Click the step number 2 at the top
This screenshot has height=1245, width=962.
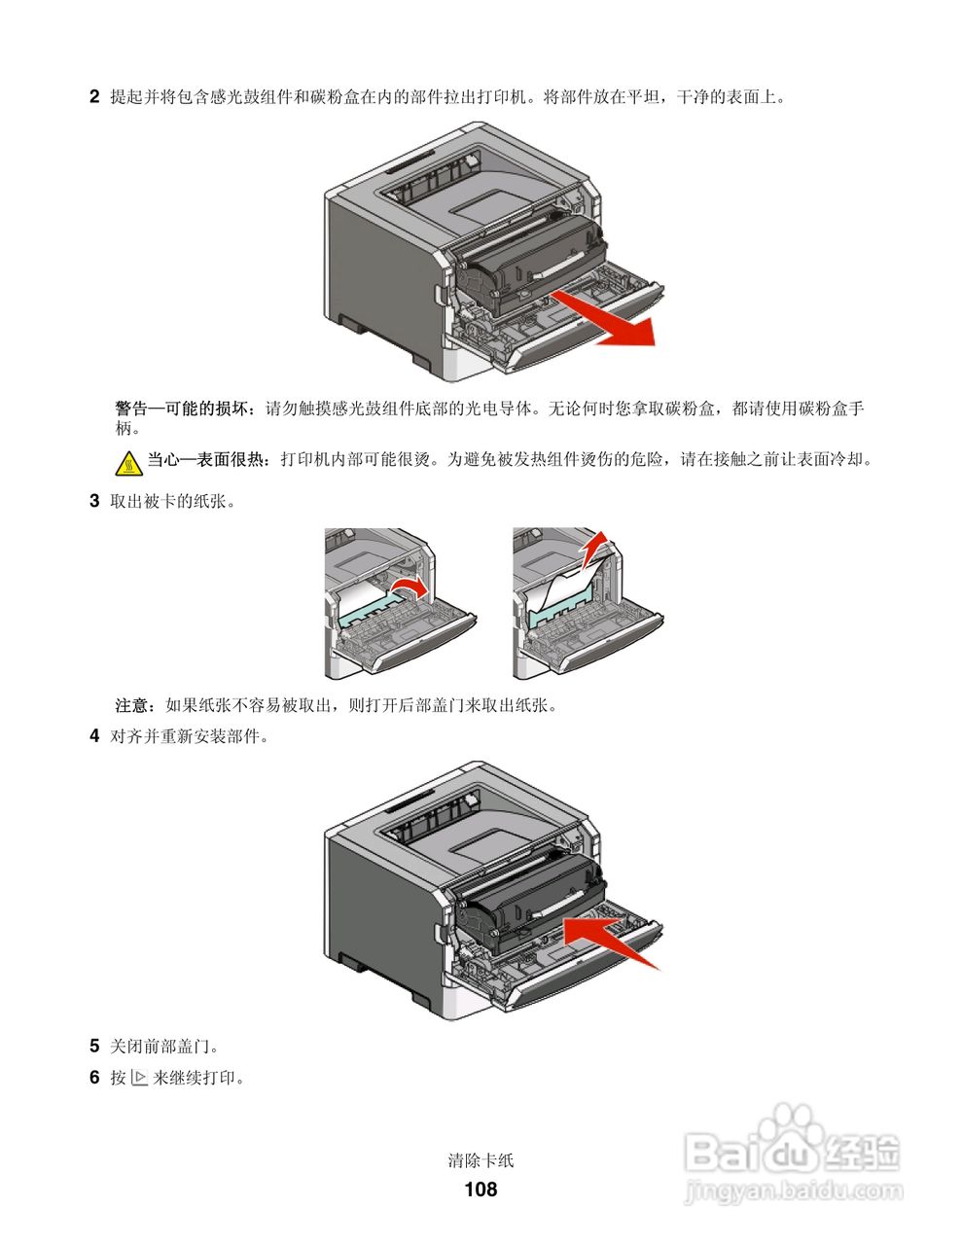click(94, 96)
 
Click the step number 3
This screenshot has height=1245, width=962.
click(94, 502)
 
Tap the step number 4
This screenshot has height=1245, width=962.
click(94, 736)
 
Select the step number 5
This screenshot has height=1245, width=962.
click(94, 1047)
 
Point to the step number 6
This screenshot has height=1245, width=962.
click(94, 1078)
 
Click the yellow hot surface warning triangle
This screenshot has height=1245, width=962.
click(128, 464)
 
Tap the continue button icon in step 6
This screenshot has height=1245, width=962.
click(138, 1078)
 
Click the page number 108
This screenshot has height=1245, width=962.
click(481, 1189)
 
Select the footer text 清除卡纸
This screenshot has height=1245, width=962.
click(481, 1160)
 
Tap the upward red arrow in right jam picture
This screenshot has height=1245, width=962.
click(595, 550)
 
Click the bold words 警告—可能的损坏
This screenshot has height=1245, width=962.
click(185, 409)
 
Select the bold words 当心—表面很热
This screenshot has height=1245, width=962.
click(207, 459)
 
